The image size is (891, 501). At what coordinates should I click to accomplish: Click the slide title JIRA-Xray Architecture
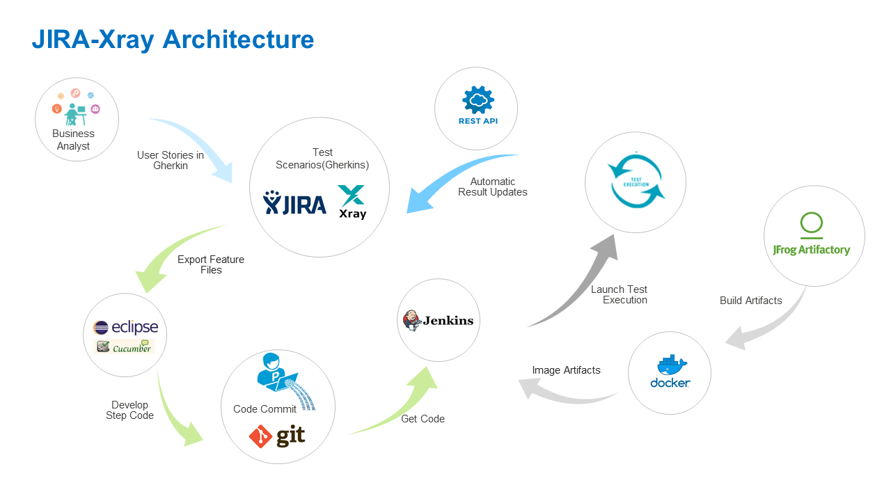tap(173, 40)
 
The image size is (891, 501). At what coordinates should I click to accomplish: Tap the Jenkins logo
tap(439, 320)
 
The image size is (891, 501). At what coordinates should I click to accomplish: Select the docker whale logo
tap(670, 372)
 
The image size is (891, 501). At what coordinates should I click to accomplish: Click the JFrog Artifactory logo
tap(812, 237)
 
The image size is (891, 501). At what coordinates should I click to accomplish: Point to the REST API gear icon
tap(478, 101)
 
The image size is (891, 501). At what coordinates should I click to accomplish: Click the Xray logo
tap(352, 202)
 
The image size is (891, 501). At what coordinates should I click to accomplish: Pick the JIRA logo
tap(294, 203)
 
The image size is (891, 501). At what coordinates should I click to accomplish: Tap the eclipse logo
tap(126, 327)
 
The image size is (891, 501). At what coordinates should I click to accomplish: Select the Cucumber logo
tap(124, 347)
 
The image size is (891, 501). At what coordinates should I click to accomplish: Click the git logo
tap(277, 436)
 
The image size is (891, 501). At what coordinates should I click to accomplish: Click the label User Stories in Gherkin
tap(171, 161)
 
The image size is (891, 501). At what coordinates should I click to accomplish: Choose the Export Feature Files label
tap(211, 264)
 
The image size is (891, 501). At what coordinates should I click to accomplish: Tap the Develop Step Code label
tap(129, 410)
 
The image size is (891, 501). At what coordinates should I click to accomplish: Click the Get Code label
tap(423, 419)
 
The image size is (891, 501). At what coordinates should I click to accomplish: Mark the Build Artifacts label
tap(750, 301)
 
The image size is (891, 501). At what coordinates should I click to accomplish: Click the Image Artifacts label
tap(566, 370)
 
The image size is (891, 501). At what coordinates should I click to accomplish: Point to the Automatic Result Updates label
tap(493, 186)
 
